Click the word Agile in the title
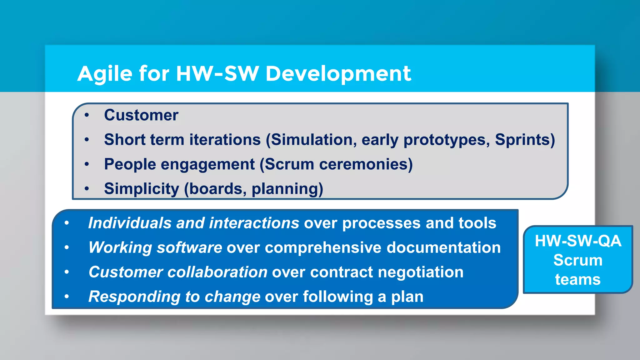[x=105, y=74]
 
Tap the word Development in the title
[x=338, y=74]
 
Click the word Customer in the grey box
[x=141, y=115]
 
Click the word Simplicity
[x=142, y=189]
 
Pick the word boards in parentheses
[x=215, y=189]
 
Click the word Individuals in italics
[x=130, y=223]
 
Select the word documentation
[x=443, y=248]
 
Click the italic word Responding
[x=134, y=297]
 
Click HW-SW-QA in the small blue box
[x=578, y=241]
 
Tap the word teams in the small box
[x=578, y=279]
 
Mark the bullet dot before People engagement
[x=87, y=164]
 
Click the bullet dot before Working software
[x=67, y=247]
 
